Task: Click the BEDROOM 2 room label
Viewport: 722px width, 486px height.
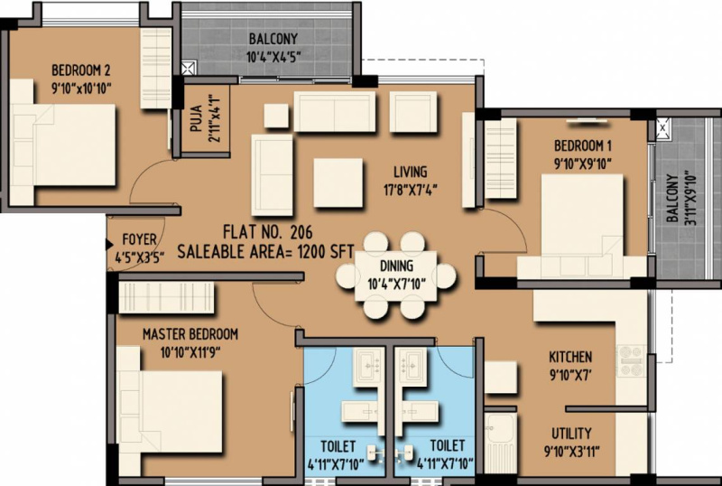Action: point(80,70)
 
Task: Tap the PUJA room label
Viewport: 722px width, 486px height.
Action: point(196,119)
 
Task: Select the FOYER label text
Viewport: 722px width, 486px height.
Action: point(139,239)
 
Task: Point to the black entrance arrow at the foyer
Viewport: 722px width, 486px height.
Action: point(110,245)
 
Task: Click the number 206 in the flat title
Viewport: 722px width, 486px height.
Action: point(301,231)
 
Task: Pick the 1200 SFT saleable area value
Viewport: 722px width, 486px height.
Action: point(326,252)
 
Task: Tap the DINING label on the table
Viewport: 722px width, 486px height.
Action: point(396,266)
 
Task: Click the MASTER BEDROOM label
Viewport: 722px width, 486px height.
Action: point(190,334)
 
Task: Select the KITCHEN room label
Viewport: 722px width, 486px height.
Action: point(570,357)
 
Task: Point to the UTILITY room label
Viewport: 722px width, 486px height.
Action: point(571,434)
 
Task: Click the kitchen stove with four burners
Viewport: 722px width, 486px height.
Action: point(631,360)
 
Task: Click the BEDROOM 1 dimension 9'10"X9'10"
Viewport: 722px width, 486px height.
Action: point(583,164)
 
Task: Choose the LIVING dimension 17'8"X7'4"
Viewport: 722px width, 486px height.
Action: point(411,190)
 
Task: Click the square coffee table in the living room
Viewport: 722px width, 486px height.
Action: point(338,182)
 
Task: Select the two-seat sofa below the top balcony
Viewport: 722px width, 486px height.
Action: point(334,111)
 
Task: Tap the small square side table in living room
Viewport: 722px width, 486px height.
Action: point(276,116)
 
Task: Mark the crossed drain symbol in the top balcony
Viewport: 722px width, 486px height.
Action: point(188,69)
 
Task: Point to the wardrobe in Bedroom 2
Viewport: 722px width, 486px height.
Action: point(155,69)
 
